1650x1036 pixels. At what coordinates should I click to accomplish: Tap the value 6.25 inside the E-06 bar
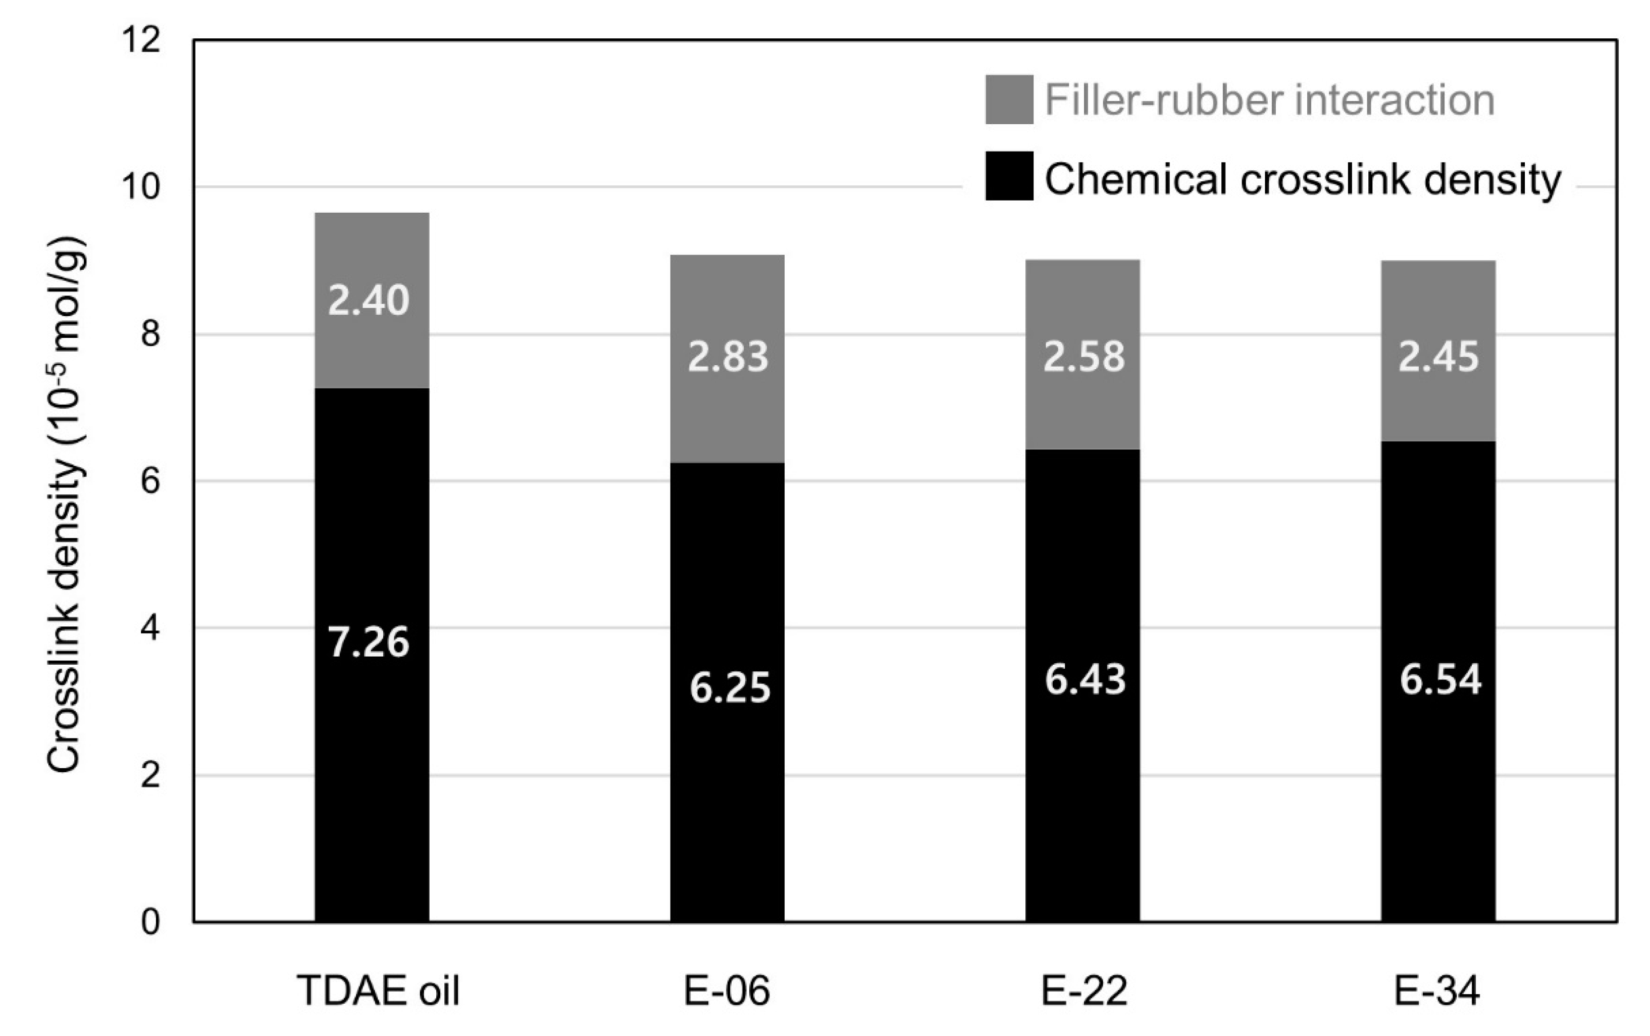tap(730, 688)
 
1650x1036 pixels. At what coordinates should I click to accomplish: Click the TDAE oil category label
tap(378, 991)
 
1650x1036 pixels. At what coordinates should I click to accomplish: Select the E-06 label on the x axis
tap(727, 991)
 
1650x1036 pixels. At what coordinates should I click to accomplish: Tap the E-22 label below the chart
tap(1084, 991)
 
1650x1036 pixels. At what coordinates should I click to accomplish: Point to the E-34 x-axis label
tap(1437, 991)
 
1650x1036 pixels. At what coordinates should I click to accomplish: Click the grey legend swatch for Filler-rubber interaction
tap(1009, 100)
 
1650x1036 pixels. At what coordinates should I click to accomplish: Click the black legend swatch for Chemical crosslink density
tap(1009, 176)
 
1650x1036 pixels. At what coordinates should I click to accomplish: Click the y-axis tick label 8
tap(150, 334)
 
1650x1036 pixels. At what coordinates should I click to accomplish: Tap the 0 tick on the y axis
tap(150, 922)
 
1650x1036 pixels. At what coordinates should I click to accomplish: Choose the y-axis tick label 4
tap(150, 628)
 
